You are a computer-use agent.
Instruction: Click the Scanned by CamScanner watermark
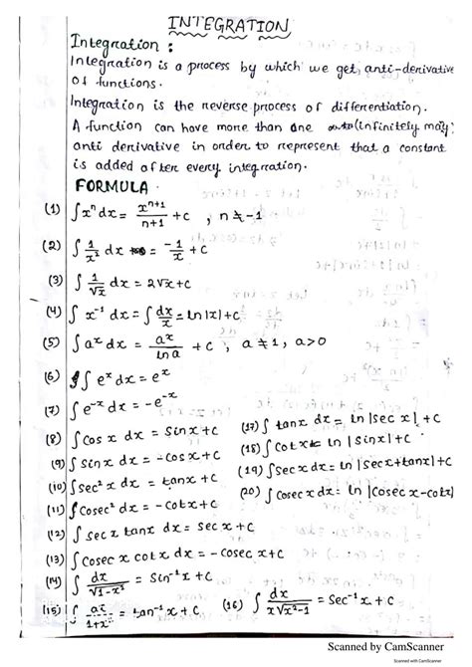coord(387,647)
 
